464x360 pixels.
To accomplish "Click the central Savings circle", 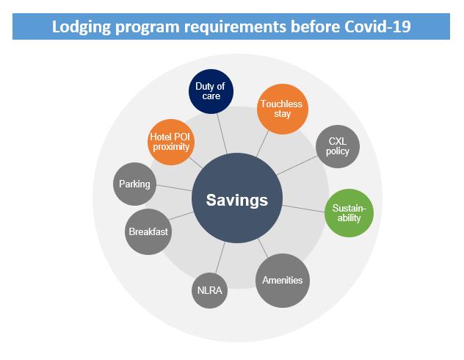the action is [237, 198].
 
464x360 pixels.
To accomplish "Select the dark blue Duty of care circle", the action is [211, 92].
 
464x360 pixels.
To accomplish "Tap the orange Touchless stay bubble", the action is [283, 109].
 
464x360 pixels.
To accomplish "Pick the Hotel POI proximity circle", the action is [171, 142].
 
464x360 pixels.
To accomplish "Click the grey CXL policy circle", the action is [338, 146].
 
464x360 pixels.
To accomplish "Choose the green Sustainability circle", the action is [349, 213].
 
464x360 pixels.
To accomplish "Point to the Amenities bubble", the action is [283, 281].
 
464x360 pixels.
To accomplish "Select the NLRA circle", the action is [209, 290].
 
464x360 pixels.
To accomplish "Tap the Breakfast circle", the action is [148, 231].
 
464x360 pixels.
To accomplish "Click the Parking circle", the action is [134, 184].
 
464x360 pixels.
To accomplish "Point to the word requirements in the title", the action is [235, 27].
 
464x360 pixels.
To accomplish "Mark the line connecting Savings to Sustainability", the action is [304, 209].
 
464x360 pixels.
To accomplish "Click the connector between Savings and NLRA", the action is [220, 258].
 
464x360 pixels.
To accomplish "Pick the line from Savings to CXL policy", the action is [297, 165].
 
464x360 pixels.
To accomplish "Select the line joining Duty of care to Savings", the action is [222, 134].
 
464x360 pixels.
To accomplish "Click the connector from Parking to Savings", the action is [174, 187].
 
